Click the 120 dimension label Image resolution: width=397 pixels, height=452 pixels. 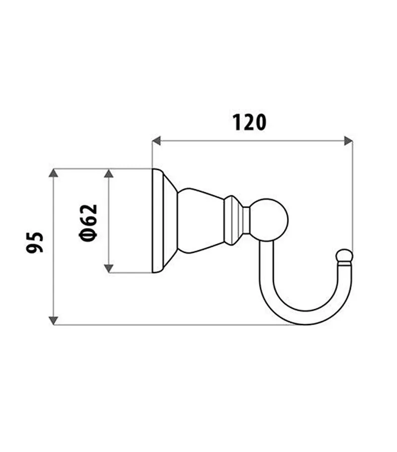249,122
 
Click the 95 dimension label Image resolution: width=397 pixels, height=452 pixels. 35,241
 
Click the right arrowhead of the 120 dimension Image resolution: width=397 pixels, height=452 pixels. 348,141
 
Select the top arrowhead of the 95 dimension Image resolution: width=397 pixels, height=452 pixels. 53,173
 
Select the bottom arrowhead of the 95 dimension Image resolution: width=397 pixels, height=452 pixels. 53,320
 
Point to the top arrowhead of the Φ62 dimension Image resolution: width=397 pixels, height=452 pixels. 109,173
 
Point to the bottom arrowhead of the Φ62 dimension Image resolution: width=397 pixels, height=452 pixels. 109,268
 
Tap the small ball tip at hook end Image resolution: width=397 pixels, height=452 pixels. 344,257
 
